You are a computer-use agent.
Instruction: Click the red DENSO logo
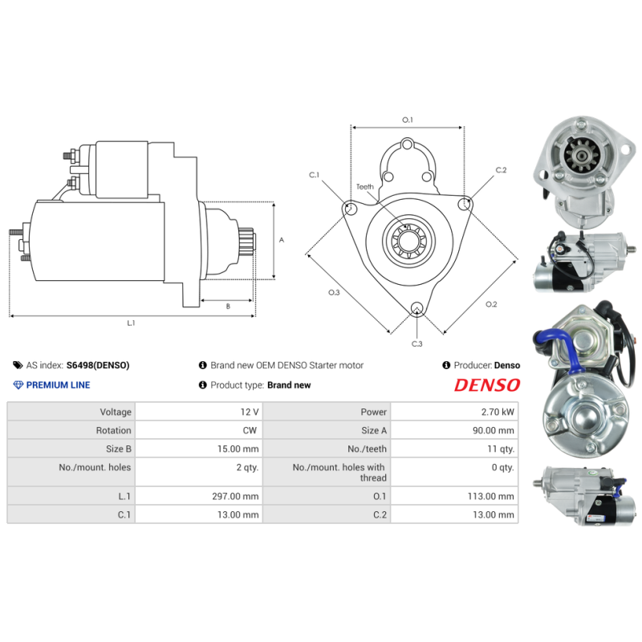click(487, 385)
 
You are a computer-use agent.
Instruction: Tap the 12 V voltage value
click(250, 412)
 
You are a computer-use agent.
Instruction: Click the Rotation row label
click(113, 430)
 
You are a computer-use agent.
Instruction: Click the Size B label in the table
click(116, 449)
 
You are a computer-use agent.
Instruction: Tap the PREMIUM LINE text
click(58, 385)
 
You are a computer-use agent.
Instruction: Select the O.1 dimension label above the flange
click(407, 120)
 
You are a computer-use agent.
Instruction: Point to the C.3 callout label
click(416, 343)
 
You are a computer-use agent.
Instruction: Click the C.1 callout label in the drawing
click(314, 174)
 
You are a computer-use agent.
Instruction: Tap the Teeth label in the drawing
click(365, 186)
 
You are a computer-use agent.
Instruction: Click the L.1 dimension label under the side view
click(131, 323)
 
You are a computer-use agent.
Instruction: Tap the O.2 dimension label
click(491, 304)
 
